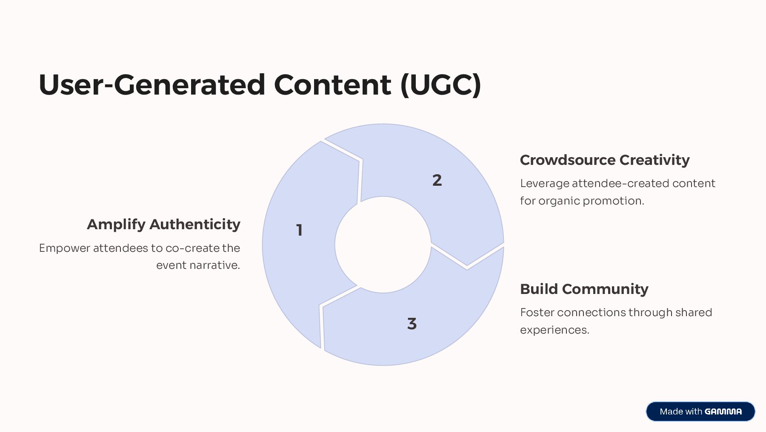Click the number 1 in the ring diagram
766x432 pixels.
(300, 230)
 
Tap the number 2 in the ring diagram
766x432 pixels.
(437, 180)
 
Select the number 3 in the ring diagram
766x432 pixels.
(412, 324)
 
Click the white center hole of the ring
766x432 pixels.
(383, 245)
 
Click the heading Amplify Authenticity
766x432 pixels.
(163, 224)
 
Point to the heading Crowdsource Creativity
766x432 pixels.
(604, 160)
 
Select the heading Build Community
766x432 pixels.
(584, 289)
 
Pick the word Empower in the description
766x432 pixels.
(64, 248)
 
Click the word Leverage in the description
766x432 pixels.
(544, 183)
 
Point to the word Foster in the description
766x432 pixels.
(537, 312)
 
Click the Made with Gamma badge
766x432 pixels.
(700, 412)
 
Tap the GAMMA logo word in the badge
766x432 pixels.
(723, 412)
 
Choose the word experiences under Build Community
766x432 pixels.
(554, 330)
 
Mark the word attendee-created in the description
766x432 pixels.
(620, 183)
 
